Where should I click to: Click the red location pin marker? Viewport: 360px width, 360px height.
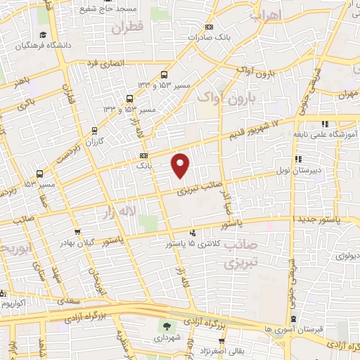pos(181,164)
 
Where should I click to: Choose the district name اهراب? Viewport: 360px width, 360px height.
pos(265,14)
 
